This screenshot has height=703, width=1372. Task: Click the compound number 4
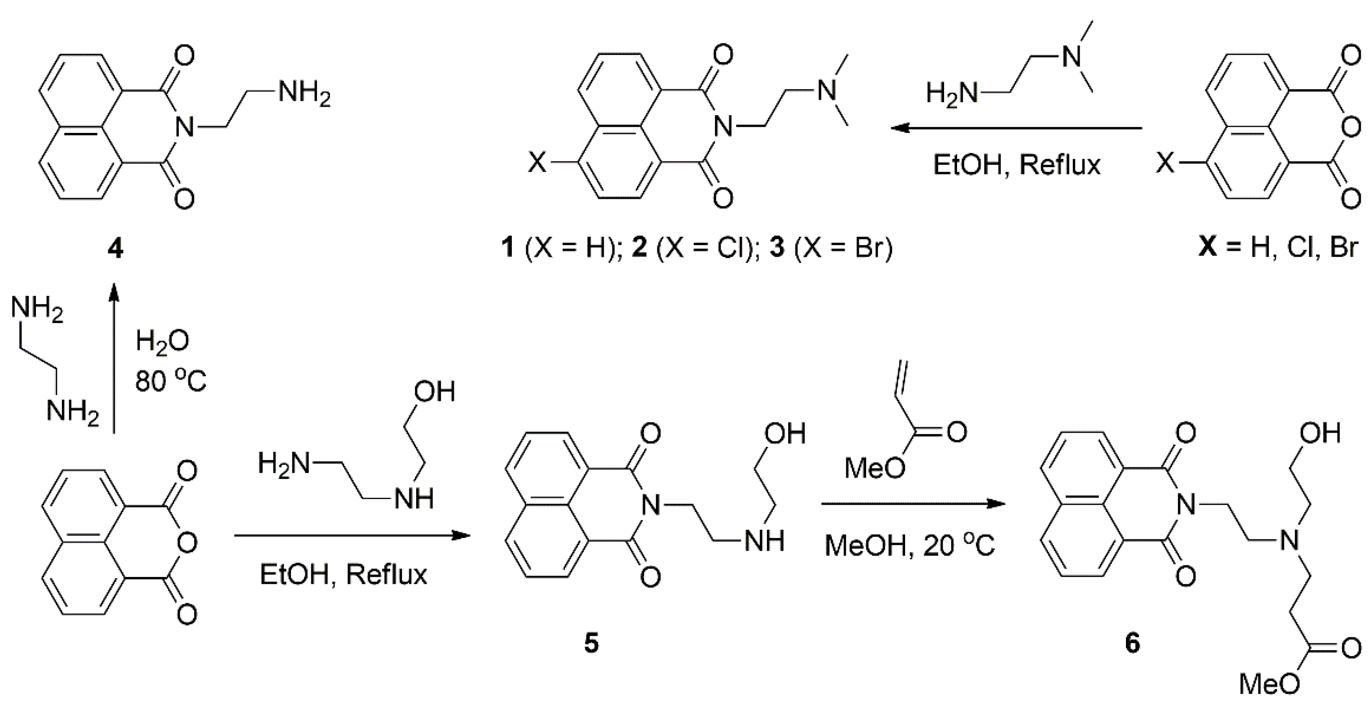point(115,248)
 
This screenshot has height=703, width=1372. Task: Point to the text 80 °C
point(171,381)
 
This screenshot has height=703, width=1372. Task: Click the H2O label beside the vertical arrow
point(162,341)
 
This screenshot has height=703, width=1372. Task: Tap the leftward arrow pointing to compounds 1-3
point(1017,128)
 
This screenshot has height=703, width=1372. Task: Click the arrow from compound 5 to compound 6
point(913,503)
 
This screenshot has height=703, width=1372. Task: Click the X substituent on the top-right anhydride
point(1165,162)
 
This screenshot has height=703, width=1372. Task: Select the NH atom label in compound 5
point(765,541)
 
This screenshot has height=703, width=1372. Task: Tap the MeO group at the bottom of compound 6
point(1270,684)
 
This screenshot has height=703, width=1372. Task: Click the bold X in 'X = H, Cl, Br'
point(1207,248)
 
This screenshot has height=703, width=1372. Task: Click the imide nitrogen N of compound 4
point(184,128)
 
